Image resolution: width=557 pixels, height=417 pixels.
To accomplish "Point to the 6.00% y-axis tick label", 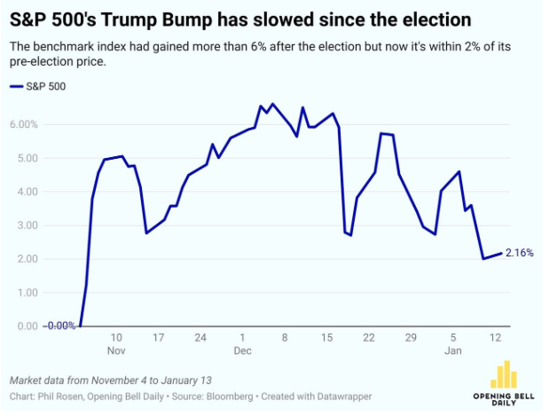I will coord(24,124).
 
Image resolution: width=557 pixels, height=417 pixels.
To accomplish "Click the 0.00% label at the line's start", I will coord(60,326).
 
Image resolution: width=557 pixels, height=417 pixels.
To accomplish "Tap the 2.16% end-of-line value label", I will coord(519,253).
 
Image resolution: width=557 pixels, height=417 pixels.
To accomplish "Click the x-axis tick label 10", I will coord(116,338).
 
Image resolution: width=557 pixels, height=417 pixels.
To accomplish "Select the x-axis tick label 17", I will coord(158,338).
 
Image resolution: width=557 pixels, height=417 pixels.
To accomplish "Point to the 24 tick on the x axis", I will coord(200,338).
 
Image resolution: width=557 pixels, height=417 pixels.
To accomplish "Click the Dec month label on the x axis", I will coord(242,350).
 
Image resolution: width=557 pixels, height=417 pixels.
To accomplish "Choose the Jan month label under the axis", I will coord(452,350).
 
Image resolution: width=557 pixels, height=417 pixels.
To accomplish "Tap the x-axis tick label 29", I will coord(411,338).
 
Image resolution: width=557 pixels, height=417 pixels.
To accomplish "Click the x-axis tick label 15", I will coord(326,338).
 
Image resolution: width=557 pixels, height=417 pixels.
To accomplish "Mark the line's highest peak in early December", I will coord(271,104).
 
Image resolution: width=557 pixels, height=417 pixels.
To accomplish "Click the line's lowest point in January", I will coord(483,259).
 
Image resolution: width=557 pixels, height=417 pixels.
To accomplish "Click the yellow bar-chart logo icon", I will coord(504,374).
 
